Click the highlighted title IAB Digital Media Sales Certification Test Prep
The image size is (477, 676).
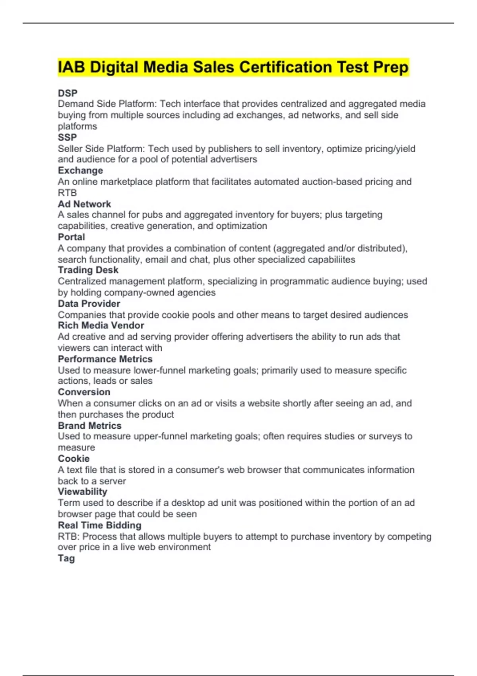click(x=233, y=67)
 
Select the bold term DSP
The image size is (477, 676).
click(x=68, y=93)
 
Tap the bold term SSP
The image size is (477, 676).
click(x=67, y=138)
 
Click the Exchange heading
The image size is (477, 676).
click(x=80, y=171)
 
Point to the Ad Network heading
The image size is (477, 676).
click(x=84, y=204)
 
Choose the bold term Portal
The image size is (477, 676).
click(x=71, y=237)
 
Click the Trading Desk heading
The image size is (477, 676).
click(x=88, y=270)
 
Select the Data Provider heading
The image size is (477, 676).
click(x=89, y=304)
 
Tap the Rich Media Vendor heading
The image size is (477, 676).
click(x=101, y=326)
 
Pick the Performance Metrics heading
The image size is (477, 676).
click(x=105, y=359)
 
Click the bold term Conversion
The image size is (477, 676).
click(x=84, y=392)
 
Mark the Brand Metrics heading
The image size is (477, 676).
click(x=89, y=425)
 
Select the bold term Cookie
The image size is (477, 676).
click(x=74, y=458)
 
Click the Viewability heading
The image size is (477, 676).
click(x=82, y=492)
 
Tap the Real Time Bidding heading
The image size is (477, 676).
click(x=99, y=525)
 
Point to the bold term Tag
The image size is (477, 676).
click(x=66, y=558)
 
